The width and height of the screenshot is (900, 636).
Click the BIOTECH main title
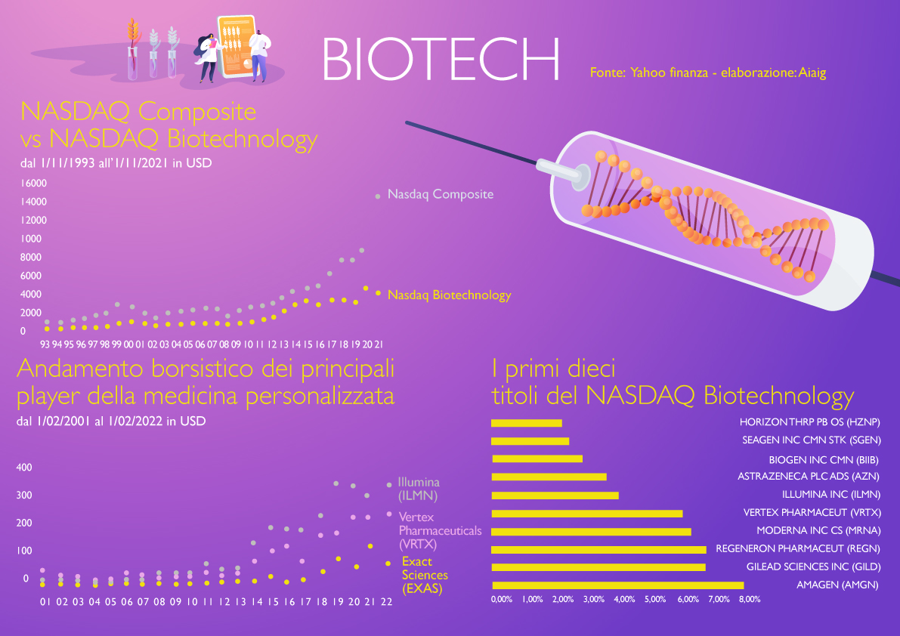pyautogui.click(x=441, y=59)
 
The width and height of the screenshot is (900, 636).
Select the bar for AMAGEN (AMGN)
pyautogui.click(x=617, y=585)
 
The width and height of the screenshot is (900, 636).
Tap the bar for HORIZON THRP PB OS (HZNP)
pyautogui.click(x=527, y=423)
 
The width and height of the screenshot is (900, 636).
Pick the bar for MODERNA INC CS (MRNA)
pyautogui.click(x=591, y=532)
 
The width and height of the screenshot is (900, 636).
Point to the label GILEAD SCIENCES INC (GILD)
pyautogui.click(x=813, y=567)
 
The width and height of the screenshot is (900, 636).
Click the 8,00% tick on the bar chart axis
pyautogui.click(x=750, y=599)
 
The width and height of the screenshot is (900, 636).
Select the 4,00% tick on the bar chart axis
pyautogui.click(x=624, y=599)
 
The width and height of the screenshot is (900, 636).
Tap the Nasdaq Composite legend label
pyautogui.click(x=441, y=194)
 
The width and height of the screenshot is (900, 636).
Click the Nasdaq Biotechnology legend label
pyautogui.click(x=449, y=295)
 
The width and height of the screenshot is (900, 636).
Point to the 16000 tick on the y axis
pyautogui.click(x=34, y=184)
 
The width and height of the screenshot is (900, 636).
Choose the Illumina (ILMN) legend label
pyautogui.click(x=419, y=489)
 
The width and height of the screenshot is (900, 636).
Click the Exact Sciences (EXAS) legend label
pyautogui.click(x=425, y=575)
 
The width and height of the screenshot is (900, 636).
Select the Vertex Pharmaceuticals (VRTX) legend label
pyautogui.click(x=440, y=530)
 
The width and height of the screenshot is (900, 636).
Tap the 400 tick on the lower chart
pyautogui.click(x=24, y=468)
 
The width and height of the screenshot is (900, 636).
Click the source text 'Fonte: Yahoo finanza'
pyautogui.click(x=648, y=73)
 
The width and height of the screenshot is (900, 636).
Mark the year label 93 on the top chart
pyautogui.click(x=45, y=344)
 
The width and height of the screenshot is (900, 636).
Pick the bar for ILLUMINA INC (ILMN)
pyautogui.click(x=555, y=496)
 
